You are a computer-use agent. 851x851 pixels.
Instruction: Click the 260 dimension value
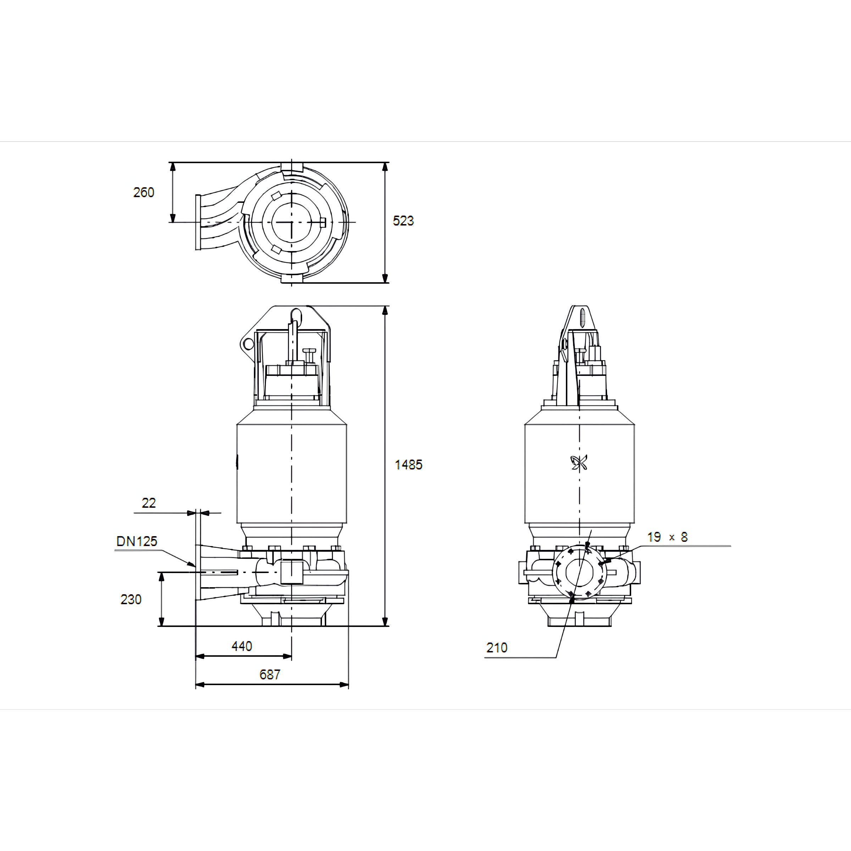pyautogui.click(x=144, y=193)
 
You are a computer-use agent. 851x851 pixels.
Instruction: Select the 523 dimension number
pyautogui.click(x=403, y=221)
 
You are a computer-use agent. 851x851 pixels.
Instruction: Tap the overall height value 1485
pyautogui.click(x=408, y=465)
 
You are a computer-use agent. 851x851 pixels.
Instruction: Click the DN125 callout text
pyautogui.click(x=137, y=541)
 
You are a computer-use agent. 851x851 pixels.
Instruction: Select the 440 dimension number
pyautogui.click(x=242, y=646)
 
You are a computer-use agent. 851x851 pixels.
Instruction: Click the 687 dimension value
pyautogui.click(x=269, y=675)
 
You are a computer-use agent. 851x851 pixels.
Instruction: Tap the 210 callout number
pyautogui.click(x=497, y=647)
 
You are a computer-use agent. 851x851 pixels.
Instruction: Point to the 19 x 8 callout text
pyautogui.click(x=667, y=537)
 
